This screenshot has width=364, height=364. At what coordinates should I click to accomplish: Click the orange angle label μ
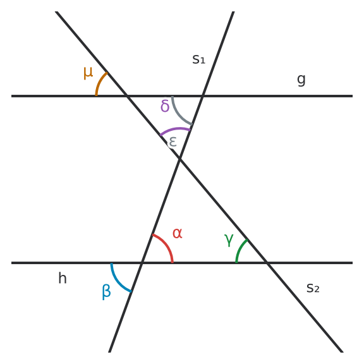coord(88,73)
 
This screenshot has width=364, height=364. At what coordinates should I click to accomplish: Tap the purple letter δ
coord(165,106)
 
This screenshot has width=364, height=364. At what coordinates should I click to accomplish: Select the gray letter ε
coord(173,142)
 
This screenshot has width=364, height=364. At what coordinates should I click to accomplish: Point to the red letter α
coord(178,233)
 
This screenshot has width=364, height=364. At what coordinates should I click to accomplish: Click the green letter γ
coord(229,240)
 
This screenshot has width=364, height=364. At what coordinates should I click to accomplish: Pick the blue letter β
coord(106,292)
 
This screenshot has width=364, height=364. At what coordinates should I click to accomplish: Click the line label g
coord(301,80)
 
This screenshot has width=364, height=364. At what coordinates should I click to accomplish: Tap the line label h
coord(63,278)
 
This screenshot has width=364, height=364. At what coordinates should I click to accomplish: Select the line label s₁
coord(198,59)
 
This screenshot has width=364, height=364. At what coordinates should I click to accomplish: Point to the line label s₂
coord(313,288)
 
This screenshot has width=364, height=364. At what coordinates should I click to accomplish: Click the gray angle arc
coord(179,114)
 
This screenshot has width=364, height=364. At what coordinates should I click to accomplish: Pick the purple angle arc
coord(175,129)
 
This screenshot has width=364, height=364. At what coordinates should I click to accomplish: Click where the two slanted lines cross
coord(179,159)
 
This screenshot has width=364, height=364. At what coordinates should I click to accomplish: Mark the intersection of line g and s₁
coord(203,96)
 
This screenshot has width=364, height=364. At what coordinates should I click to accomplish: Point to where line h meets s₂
coord(267,263)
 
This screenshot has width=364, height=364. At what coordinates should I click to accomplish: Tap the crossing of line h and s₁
coord(142,263)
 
